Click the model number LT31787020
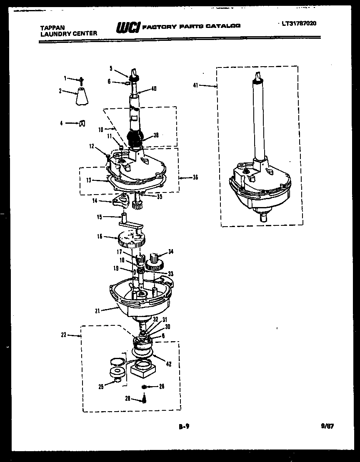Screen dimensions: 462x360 (299, 23)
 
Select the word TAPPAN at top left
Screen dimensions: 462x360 (49, 27)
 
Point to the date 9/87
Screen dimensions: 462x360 (328, 427)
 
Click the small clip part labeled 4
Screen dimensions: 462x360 (82, 123)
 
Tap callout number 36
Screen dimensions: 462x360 (195, 177)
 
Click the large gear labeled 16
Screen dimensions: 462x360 (132, 240)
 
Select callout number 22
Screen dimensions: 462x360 (64, 335)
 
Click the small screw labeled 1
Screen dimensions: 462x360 (82, 80)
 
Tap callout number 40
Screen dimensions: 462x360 (154, 88)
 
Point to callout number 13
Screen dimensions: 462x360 (89, 180)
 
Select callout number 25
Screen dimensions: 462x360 (101, 387)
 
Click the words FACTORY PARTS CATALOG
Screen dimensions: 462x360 (191, 26)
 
